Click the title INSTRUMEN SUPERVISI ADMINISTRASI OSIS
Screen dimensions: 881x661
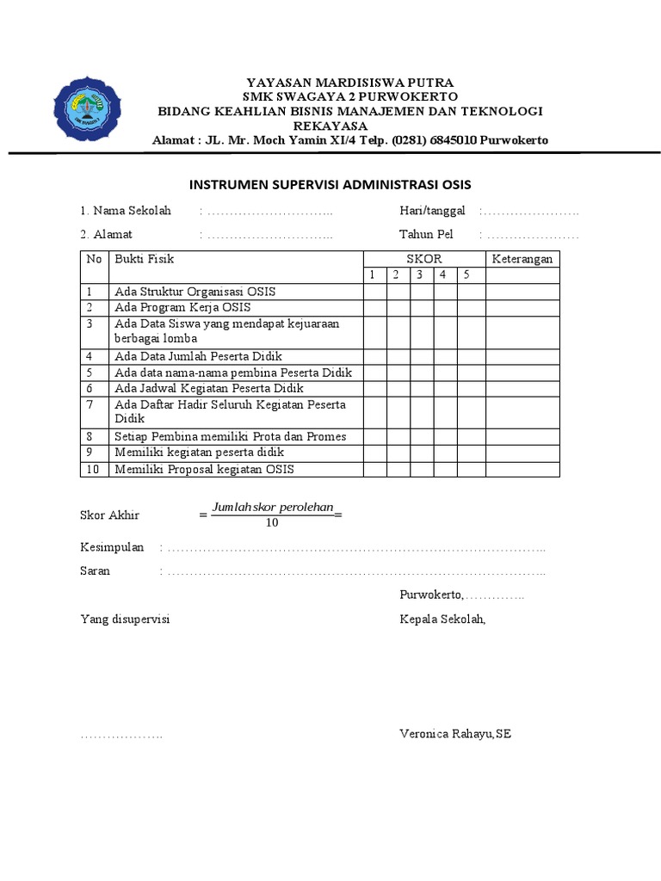tap(330, 185)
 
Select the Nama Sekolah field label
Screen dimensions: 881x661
tap(126, 211)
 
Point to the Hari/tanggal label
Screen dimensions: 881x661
tap(432, 211)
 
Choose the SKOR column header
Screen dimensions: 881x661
tap(423, 259)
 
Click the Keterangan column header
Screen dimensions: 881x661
tap(522, 259)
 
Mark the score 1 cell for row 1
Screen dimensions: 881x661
tap(374, 292)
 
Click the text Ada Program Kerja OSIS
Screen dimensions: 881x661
tap(182, 307)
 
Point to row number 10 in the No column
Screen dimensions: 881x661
tap(94, 469)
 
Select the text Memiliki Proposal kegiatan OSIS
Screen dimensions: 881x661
tap(204, 469)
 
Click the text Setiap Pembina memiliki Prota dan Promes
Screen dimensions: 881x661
tap(230, 436)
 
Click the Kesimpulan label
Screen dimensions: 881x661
tap(112, 548)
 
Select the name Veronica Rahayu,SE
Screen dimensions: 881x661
tap(455, 734)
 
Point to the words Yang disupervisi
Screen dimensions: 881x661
tap(125, 619)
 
